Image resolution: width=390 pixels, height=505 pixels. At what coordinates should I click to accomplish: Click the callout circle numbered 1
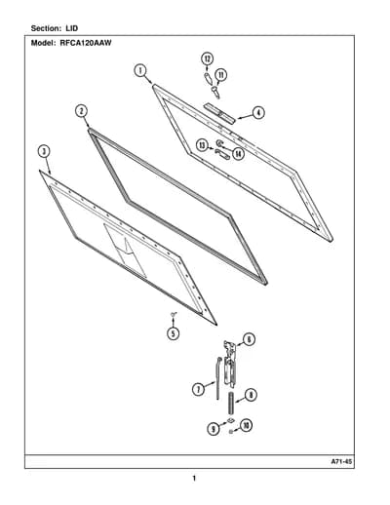click(x=140, y=71)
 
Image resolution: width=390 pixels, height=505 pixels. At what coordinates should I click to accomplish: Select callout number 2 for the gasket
click(x=82, y=111)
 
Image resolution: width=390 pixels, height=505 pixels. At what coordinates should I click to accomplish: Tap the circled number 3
click(x=44, y=151)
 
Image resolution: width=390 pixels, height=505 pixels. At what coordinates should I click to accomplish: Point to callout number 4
click(x=258, y=113)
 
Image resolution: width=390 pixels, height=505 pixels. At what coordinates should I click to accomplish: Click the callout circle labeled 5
click(x=173, y=333)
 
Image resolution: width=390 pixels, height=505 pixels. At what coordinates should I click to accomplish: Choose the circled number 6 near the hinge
click(x=249, y=339)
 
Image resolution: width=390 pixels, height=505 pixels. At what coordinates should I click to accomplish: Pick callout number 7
click(x=198, y=389)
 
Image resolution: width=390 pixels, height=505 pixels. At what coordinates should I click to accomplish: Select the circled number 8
click(x=251, y=396)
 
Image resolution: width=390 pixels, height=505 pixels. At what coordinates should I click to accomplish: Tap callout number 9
click(x=214, y=429)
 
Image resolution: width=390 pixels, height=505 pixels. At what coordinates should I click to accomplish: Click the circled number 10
click(x=246, y=425)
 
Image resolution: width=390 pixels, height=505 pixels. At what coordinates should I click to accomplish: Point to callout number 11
click(x=221, y=75)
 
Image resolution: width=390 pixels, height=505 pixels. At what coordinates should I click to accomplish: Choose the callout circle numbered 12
click(x=207, y=59)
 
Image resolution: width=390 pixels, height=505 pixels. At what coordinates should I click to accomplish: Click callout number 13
click(x=203, y=145)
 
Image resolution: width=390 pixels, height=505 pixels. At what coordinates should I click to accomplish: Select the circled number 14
click(x=239, y=154)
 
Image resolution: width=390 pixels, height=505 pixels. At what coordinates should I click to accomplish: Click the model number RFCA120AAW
click(x=86, y=43)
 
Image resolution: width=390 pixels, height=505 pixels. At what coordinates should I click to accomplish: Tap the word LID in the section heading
click(x=72, y=28)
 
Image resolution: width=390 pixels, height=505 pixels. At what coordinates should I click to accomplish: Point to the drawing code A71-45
click(x=341, y=461)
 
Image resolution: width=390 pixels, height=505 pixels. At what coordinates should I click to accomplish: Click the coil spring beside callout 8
click(x=231, y=404)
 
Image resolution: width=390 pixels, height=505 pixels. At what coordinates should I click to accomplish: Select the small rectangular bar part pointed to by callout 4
click(x=219, y=113)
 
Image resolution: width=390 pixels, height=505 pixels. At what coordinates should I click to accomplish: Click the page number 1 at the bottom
click(x=194, y=479)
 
